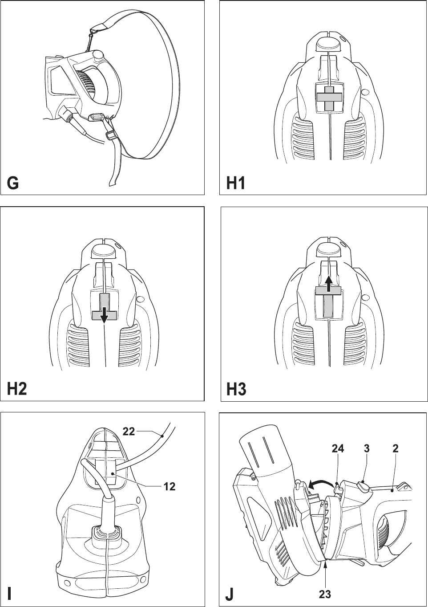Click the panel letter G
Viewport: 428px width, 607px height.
[12, 183]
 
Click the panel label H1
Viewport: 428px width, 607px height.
[235, 183]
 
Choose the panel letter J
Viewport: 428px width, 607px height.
[228, 593]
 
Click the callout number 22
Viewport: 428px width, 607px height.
[129, 430]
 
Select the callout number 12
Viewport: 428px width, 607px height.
[169, 487]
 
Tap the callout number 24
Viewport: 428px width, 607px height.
[338, 449]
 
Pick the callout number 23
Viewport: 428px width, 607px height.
[326, 594]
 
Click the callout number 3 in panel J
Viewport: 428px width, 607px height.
[366, 449]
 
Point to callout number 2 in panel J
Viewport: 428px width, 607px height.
[395, 449]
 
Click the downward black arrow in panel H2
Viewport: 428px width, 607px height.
[104, 314]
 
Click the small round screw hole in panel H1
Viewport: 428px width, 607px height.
[365, 93]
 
